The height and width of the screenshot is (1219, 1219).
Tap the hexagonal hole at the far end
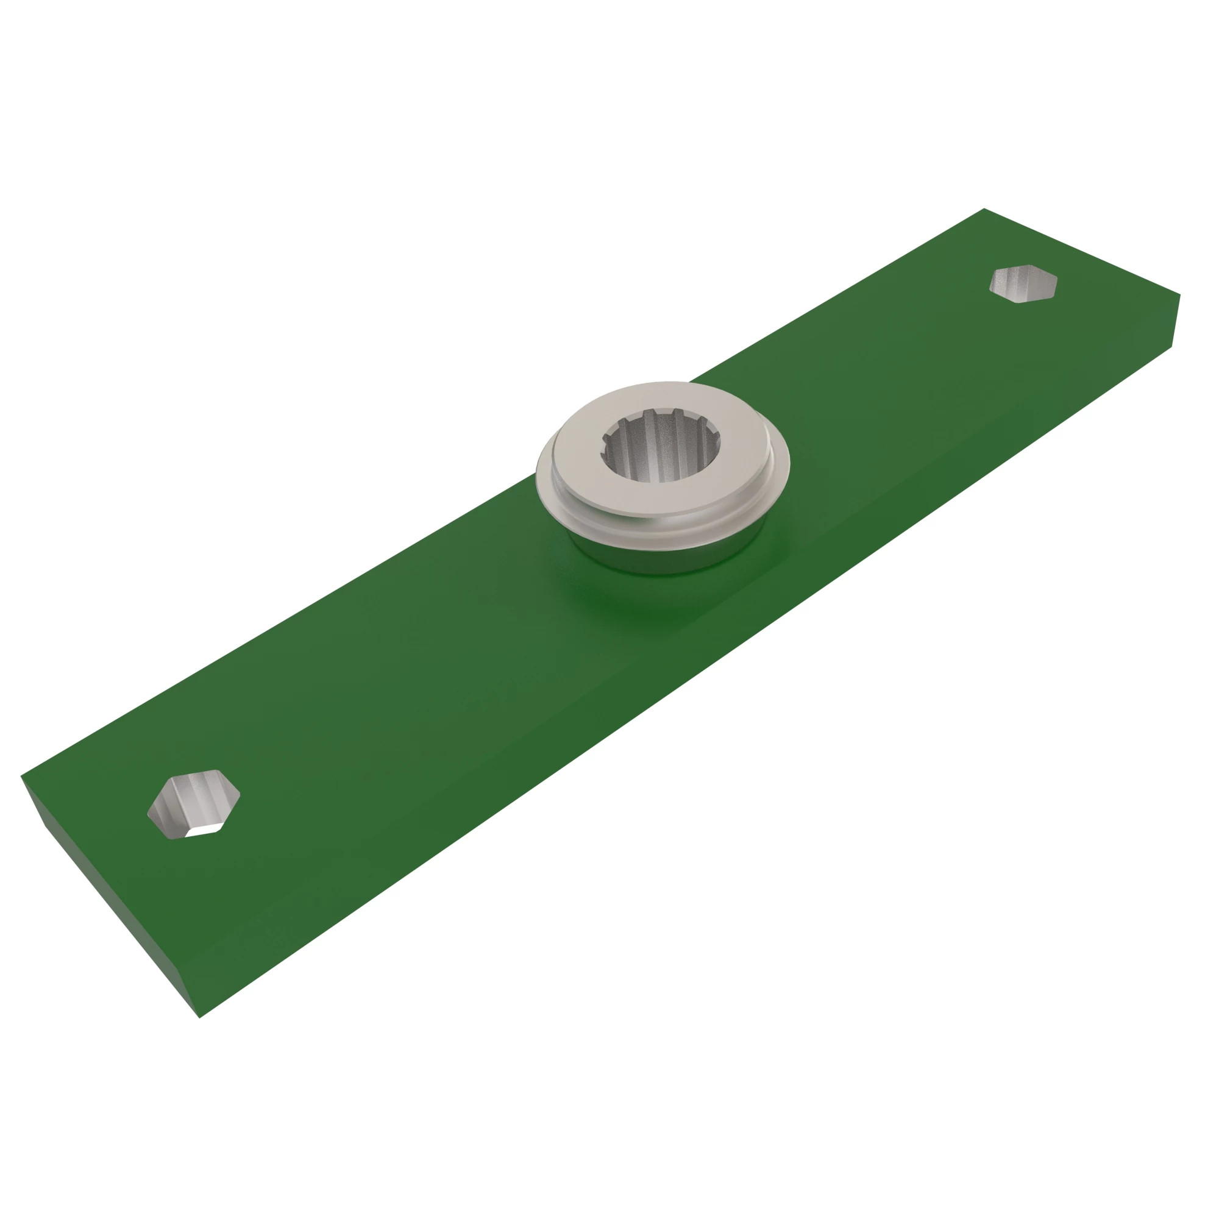[x=1023, y=283]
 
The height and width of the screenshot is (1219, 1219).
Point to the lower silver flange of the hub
[x=757, y=499]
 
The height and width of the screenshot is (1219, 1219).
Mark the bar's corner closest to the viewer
[x=200, y=1017]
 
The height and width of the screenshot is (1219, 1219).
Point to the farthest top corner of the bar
[x=984, y=209]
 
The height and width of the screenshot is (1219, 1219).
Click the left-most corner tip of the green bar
[x=21, y=775]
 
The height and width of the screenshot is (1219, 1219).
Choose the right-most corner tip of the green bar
[x=1180, y=294]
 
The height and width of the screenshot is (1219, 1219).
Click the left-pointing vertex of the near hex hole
[x=147, y=812]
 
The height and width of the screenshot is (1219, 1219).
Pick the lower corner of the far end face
[x=1171, y=346]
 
